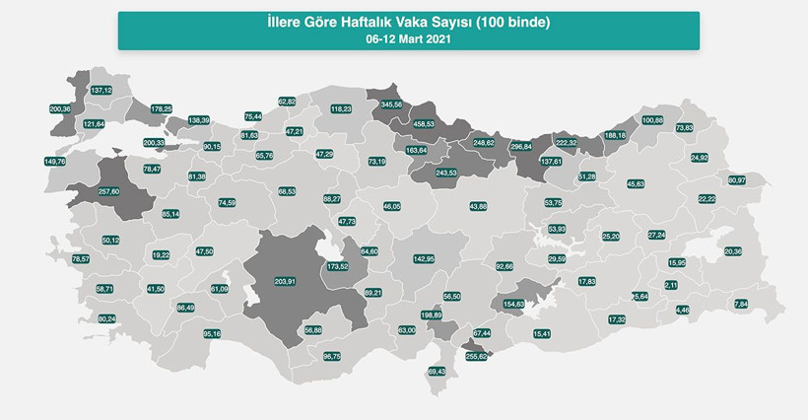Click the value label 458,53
[426, 124]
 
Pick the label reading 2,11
[671, 285]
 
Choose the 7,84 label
[742, 305]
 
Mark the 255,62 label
[477, 356]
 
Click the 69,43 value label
[438, 372]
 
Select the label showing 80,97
[737, 180]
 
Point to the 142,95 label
[424, 258]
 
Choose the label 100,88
[653, 120]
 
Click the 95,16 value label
[212, 334]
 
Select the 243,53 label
[446, 174]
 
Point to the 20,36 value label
[733, 251]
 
